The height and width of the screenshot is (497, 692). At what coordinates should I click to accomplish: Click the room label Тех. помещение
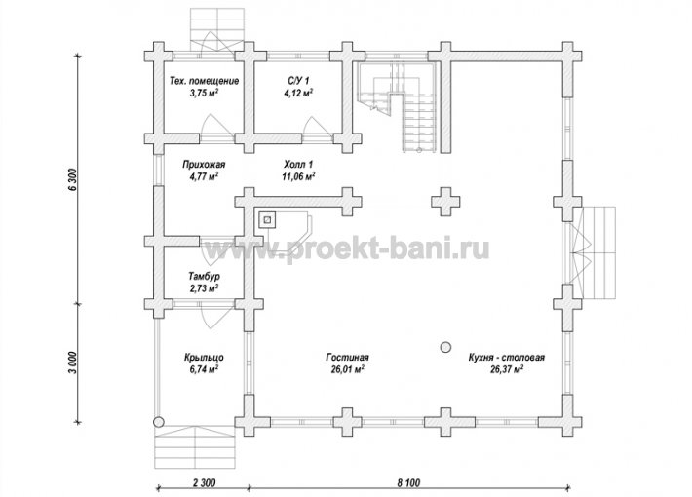pos(205,81)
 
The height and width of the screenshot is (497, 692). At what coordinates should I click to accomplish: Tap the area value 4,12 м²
pos(299,93)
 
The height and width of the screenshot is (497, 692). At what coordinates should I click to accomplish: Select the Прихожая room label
pos(204,165)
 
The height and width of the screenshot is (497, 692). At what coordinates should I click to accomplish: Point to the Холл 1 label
pos(298,165)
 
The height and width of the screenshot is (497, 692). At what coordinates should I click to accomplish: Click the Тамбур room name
pos(204,277)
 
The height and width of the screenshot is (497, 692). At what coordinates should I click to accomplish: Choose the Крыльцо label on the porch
pos(204,357)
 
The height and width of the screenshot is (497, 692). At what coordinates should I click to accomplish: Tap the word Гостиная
pos(347,357)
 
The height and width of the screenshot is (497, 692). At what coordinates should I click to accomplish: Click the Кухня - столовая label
pos(507,357)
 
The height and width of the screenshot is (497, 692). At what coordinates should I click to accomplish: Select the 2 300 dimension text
pos(205,483)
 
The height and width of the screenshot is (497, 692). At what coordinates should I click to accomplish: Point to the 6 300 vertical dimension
pos(73,179)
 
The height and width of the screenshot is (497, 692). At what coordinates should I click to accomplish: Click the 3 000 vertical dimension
pos(73,363)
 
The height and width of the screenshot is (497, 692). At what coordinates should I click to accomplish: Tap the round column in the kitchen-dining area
pos(445,347)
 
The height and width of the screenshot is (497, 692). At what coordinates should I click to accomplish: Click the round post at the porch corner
pos(159,422)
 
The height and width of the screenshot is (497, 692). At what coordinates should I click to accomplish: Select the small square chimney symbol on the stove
pos(267,220)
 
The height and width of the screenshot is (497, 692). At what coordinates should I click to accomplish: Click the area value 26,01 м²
pos(347,369)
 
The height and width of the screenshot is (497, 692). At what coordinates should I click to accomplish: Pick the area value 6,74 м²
pos(205,369)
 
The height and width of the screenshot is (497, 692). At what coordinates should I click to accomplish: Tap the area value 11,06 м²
pos(298,176)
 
